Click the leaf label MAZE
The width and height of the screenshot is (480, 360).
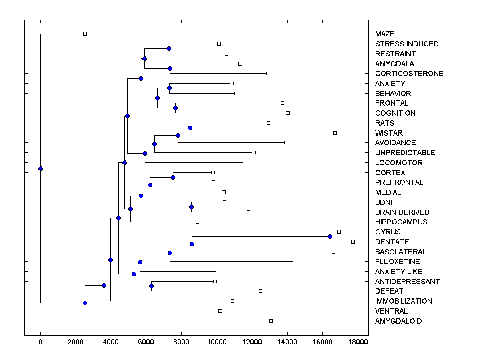click(384, 34)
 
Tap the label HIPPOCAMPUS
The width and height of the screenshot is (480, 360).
click(401, 222)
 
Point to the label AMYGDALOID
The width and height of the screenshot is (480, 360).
click(398, 321)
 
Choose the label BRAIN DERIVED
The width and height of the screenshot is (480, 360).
click(402, 212)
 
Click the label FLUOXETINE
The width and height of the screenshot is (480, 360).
click(397, 262)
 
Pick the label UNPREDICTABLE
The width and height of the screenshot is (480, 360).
click(405, 153)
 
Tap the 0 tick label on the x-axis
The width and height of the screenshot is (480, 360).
click(40, 342)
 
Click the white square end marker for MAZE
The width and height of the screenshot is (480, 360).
click(85, 34)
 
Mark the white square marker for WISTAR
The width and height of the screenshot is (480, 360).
click(335, 133)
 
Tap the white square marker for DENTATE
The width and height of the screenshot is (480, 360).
click(353, 242)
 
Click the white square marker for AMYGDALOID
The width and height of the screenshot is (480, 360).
click(271, 321)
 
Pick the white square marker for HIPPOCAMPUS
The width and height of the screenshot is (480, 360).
click(197, 222)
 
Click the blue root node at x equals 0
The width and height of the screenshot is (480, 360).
click(40, 168)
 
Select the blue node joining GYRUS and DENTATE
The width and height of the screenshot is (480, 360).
click(330, 237)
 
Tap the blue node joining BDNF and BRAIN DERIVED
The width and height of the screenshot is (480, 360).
click(191, 207)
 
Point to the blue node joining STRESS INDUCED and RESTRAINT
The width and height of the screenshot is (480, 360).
click(169, 49)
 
